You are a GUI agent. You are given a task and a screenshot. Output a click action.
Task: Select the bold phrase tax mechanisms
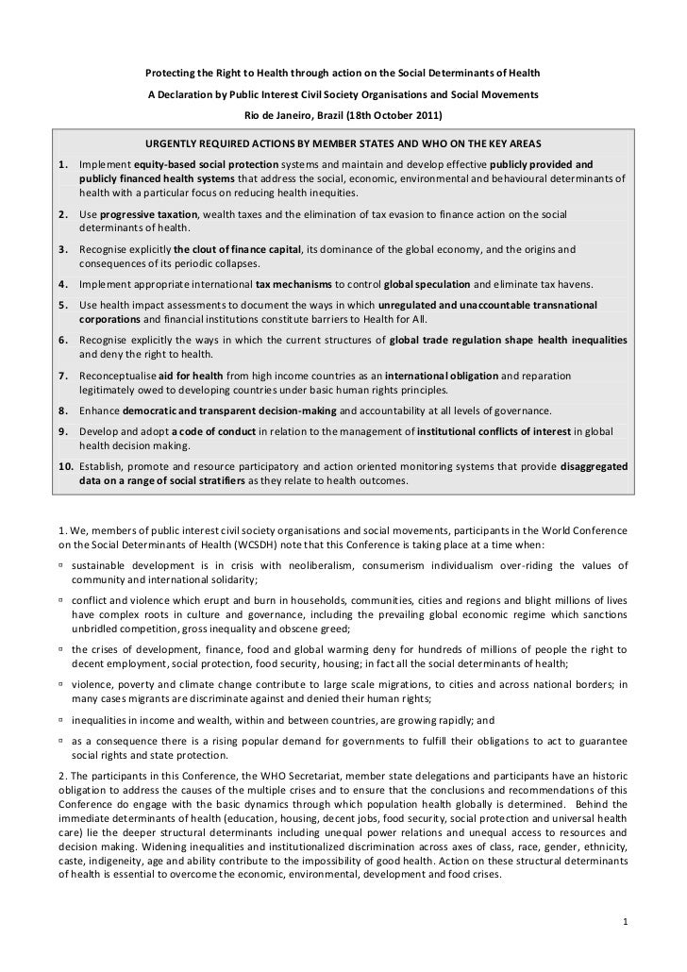[290, 283]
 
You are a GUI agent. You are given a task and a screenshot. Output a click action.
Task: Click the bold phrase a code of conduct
[200, 431]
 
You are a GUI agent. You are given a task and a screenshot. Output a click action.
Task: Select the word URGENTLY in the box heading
[171, 145]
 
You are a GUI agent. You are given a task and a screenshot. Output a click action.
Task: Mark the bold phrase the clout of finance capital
[237, 249]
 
